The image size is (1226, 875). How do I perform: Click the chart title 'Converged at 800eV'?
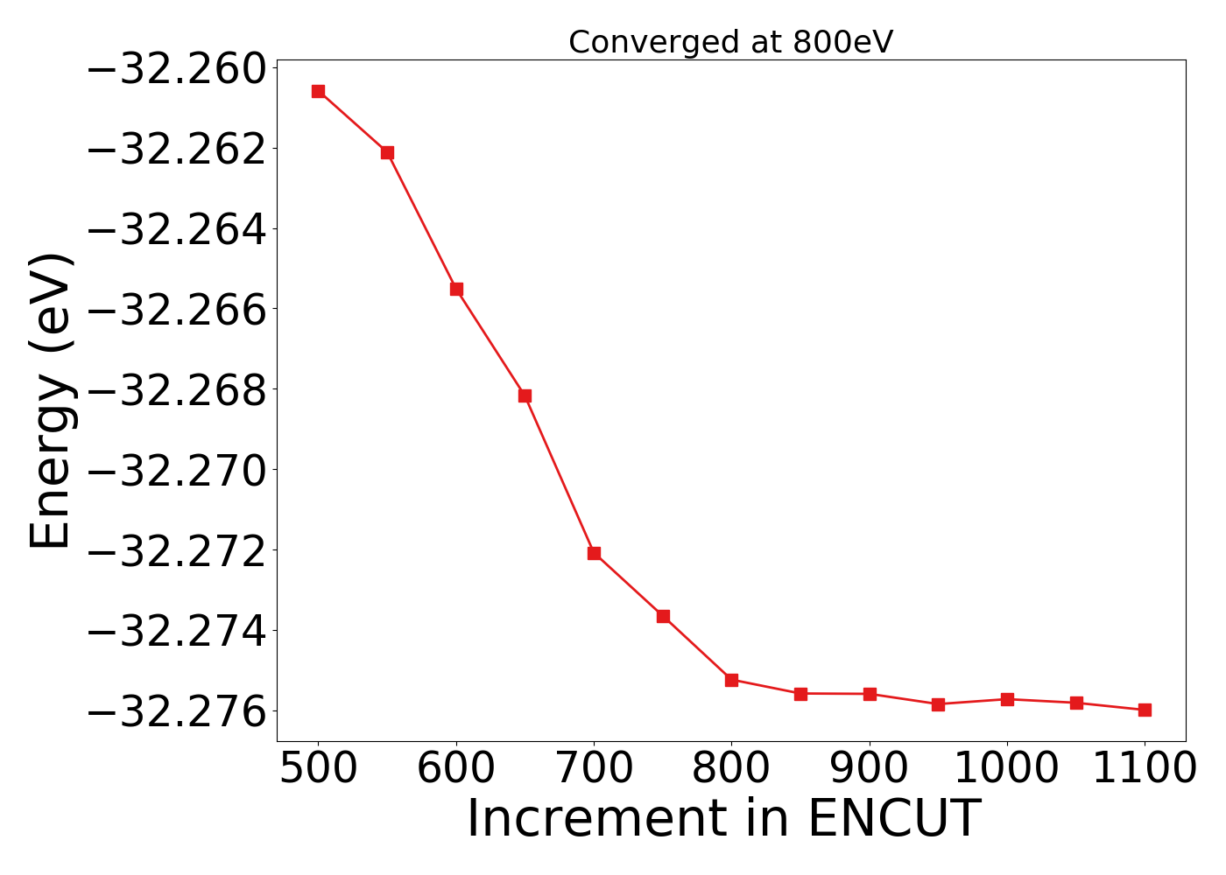coord(730,42)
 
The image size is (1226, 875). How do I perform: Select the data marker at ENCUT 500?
coord(318,91)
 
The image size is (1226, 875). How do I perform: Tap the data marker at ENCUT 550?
coord(387,152)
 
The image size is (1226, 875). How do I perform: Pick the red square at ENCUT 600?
coord(456,289)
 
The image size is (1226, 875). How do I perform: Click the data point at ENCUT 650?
coord(525,395)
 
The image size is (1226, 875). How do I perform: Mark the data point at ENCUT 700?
coord(594,553)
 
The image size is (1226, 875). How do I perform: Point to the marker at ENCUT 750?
coord(663,616)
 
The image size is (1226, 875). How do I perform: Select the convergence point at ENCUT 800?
coord(731,680)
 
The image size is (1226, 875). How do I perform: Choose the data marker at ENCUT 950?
coord(938,704)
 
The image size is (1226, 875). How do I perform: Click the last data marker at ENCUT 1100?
coord(1145,710)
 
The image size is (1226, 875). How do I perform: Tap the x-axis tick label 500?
coord(318,769)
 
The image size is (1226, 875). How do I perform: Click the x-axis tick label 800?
coord(731,769)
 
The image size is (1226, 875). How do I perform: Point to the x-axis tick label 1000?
coord(1007,769)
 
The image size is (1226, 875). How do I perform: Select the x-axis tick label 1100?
coord(1145,769)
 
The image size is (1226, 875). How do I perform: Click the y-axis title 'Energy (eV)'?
coord(51,401)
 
